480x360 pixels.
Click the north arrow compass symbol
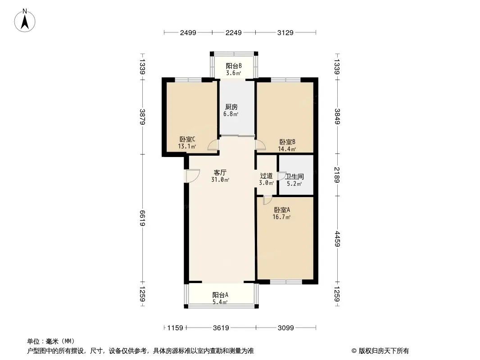coord(25,21)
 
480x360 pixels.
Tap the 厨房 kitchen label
coord(231,107)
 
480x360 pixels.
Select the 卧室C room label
coord(187,139)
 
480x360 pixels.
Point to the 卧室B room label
coord(287,142)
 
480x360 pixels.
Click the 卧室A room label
coord(282,210)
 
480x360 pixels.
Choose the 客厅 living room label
coord(220,173)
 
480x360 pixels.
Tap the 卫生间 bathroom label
coord(294,177)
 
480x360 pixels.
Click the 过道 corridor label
coord(266,176)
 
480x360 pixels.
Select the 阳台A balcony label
coord(220,295)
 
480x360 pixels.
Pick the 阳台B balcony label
coord(234,66)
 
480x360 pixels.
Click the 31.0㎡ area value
coord(220,180)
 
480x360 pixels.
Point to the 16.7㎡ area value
coord(281,217)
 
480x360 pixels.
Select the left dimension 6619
coord(142,218)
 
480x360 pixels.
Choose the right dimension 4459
coord(337,239)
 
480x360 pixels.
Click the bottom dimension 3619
coord(221,328)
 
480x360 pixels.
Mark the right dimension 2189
coord(337,175)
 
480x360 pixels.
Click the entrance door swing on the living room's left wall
coord(193,176)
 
